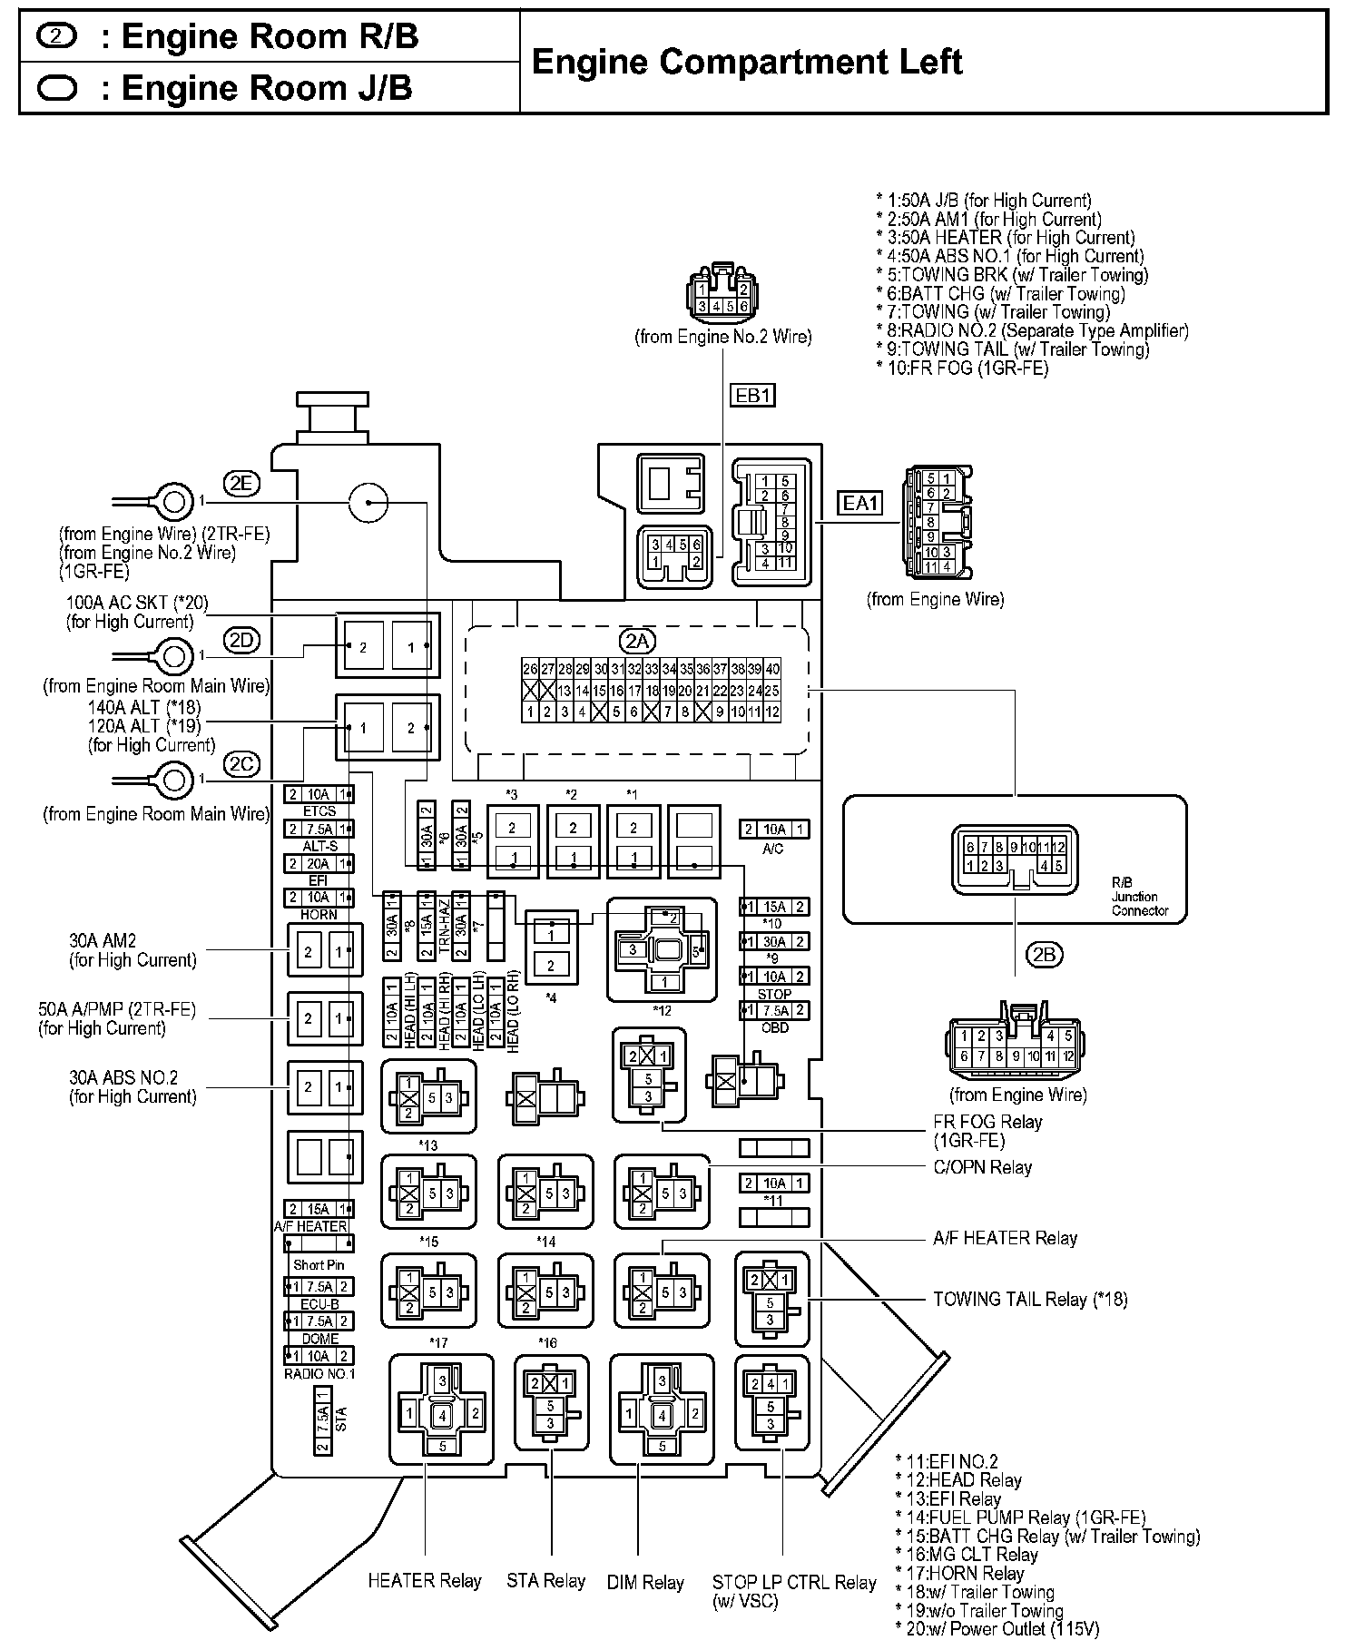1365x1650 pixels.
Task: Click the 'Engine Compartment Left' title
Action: click(x=746, y=62)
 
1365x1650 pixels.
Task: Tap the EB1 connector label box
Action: click(x=752, y=396)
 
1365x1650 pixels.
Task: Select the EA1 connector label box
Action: click(x=859, y=502)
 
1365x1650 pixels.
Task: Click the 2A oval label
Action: click(x=635, y=642)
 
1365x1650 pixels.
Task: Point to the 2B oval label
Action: click(x=1044, y=954)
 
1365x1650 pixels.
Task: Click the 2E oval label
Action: click(x=241, y=484)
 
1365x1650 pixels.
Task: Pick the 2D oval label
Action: click(x=241, y=640)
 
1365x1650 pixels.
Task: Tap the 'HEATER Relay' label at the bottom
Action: click(x=424, y=1580)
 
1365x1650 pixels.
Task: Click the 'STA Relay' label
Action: click(x=545, y=1580)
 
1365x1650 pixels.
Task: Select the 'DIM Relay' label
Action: click(x=644, y=1582)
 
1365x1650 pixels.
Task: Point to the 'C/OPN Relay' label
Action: click(x=983, y=1167)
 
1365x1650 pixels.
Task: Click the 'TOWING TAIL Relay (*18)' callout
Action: click(x=1030, y=1299)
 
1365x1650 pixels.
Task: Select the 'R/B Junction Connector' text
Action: click(x=1140, y=896)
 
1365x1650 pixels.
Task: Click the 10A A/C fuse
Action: click(x=773, y=829)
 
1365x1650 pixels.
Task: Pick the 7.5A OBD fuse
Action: click(x=774, y=1010)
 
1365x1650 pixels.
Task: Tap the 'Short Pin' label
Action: click(x=319, y=1264)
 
